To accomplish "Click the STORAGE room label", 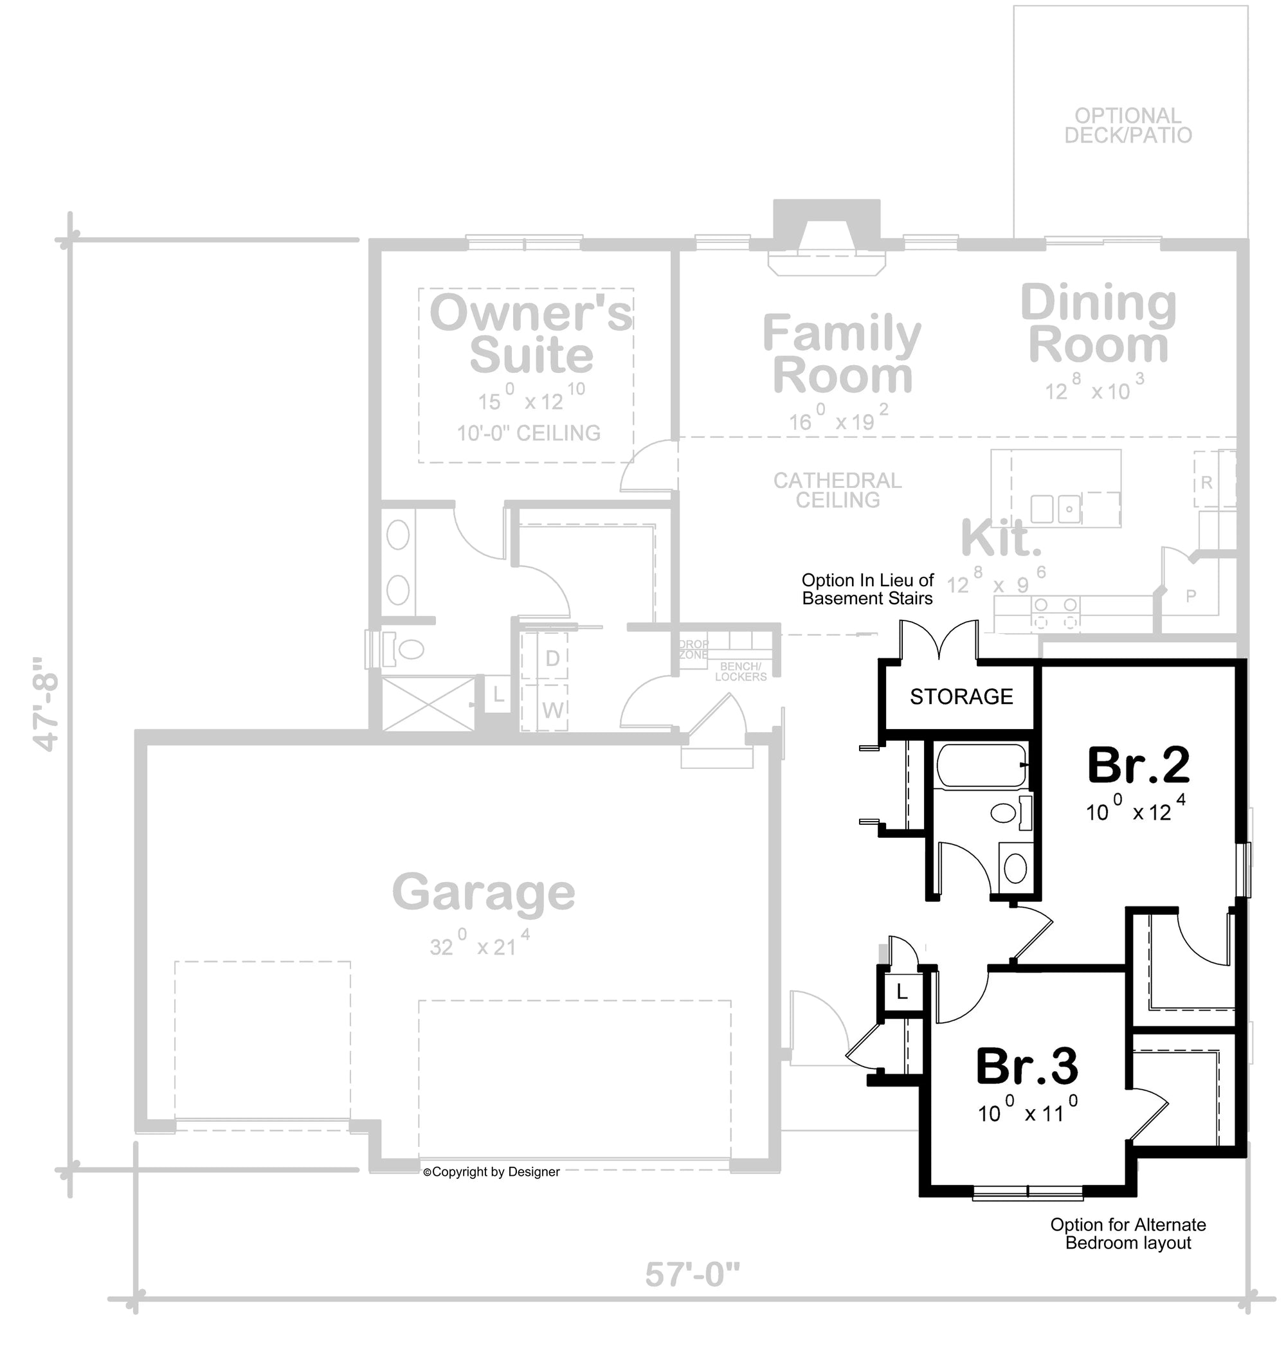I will (961, 697).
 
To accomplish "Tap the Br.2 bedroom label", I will (1138, 766).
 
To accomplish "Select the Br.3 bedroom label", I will (1027, 1066).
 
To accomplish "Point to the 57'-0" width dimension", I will (692, 1274).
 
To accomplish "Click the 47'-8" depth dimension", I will (46, 703).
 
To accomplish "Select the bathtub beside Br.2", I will (981, 766).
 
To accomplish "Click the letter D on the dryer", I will (552, 658).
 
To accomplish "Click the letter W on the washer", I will (553, 710).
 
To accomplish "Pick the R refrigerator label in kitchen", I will (1206, 482).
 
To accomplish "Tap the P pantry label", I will (1191, 596).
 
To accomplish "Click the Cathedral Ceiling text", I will (837, 490).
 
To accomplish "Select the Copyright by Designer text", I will (491, 1171).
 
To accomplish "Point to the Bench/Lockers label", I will (740, 672).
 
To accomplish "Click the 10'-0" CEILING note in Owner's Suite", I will (529, 433).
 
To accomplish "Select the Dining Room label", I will (1098, 324).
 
